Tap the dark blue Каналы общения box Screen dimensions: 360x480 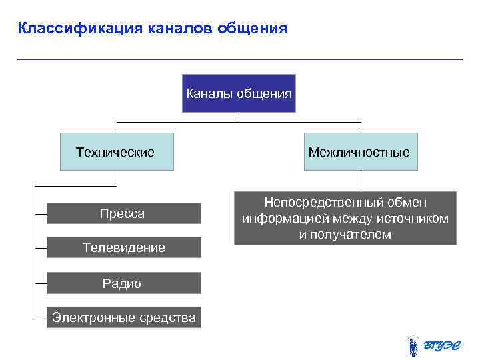(x=239, y=93)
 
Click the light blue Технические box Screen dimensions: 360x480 (x=116, y=152)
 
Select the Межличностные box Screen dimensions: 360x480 (x=360, y=152)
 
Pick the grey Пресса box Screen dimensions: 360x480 (x=123, y=213)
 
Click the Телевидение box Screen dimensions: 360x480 (x=123, y=247)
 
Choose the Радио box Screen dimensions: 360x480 (x=123, y=283)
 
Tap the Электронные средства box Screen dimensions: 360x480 (x=124, y=317)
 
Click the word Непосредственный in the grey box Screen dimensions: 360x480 (x=316, y=203)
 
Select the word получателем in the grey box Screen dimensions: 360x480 (x=353, y=235)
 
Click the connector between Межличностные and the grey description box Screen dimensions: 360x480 (x=361, y=181)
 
